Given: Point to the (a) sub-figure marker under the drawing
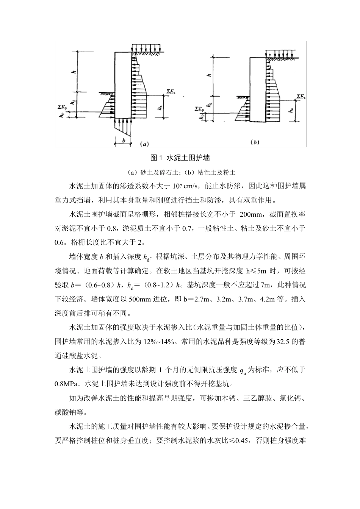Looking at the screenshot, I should [144, 144].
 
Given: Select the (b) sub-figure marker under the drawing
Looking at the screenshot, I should [255, 142].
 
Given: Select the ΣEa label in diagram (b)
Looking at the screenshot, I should [301, 97].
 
